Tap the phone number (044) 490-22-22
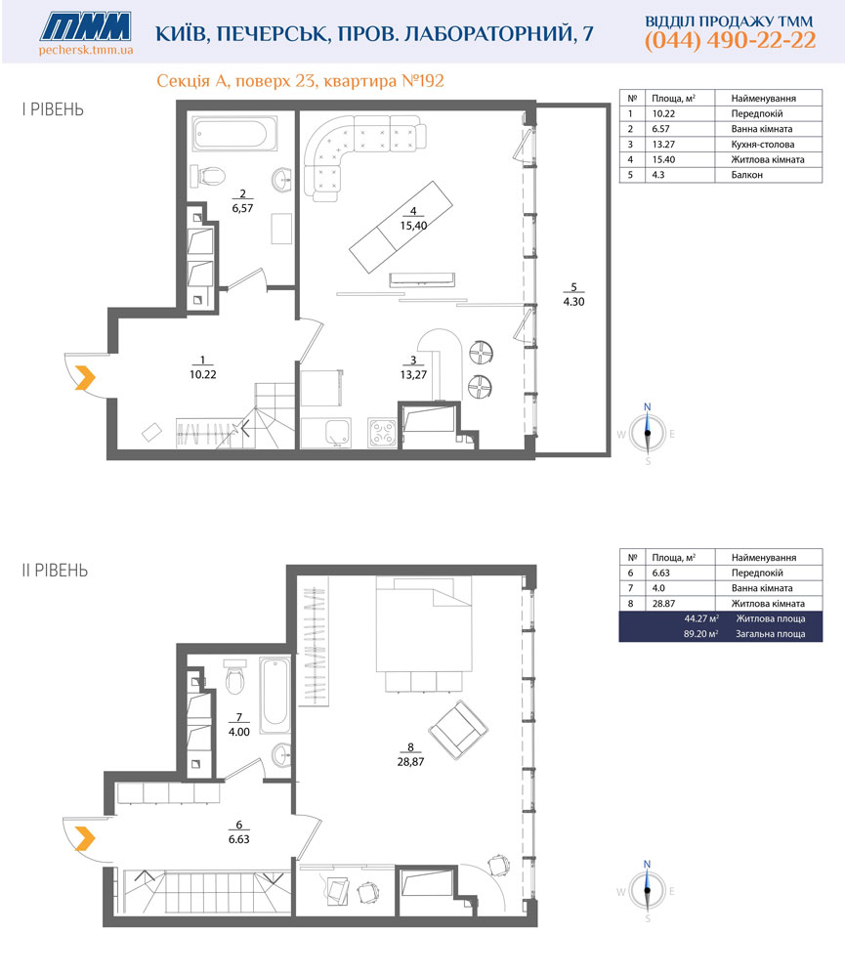pos(730,40)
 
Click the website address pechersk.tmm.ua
pos(86,50)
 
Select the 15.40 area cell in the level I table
pos(663,159)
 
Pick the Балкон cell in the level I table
pos(746,175)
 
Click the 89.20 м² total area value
pos(701,634)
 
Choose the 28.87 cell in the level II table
pos(663,604)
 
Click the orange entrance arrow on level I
pos(85,378)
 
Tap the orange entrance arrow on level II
pos(85,838)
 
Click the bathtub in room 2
pos(234,133)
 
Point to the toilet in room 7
pos(235,678)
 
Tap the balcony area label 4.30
pos(574,302)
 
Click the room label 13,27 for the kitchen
pos(413,374)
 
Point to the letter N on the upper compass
pos(647,406)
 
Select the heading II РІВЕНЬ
pos(55,571)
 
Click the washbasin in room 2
pos(282,180)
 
